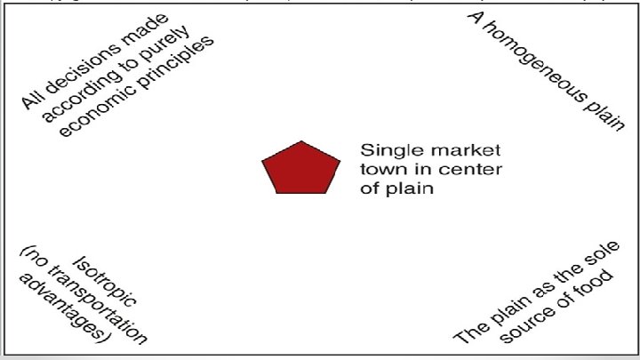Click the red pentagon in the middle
(300, 168)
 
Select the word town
(379, 169)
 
